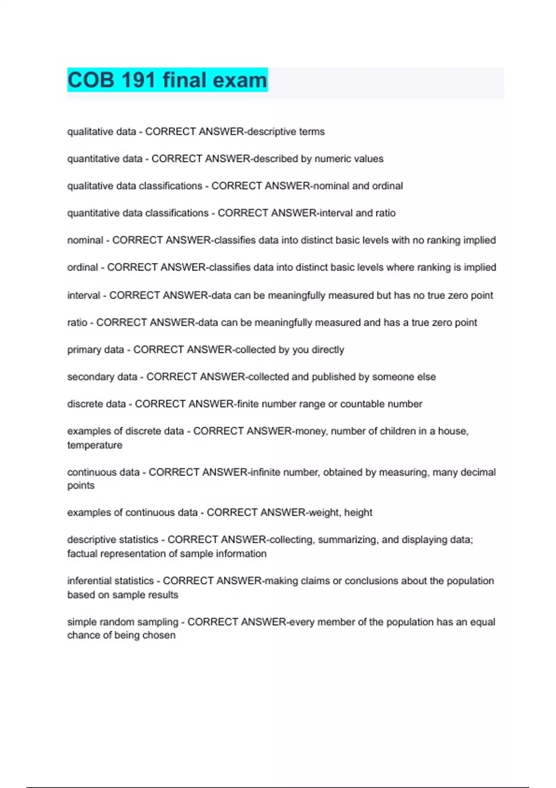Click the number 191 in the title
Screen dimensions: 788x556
138,80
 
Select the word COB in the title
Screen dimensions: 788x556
91,80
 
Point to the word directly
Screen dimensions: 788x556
328,350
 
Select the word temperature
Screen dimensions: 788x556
95,445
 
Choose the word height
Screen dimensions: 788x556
358,512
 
